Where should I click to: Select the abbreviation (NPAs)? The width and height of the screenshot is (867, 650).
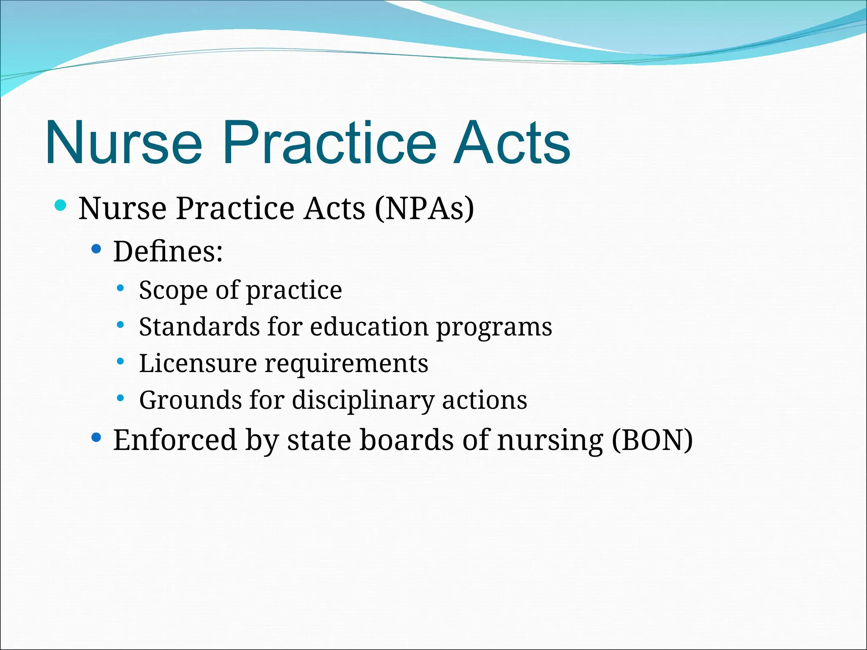424,208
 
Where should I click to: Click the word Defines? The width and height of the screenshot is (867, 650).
168,252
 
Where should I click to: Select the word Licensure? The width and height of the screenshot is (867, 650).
198,364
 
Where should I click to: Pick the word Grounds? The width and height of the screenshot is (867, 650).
191,400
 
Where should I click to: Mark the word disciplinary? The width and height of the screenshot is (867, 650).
363,400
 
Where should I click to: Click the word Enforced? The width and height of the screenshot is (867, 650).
175,440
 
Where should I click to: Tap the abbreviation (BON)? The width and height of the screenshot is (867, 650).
652,440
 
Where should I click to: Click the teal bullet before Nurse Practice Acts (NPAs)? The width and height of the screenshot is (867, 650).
61,206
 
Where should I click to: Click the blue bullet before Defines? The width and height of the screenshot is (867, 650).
97,249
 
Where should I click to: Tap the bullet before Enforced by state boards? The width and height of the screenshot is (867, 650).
97,437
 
